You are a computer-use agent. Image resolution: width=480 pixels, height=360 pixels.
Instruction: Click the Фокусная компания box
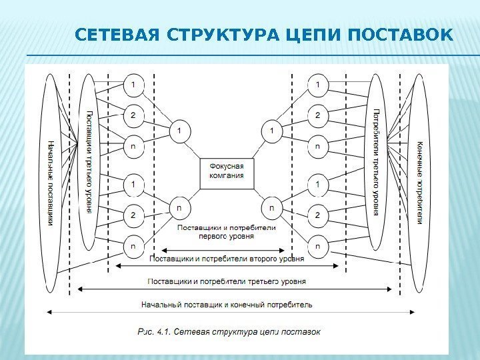coord(227,171)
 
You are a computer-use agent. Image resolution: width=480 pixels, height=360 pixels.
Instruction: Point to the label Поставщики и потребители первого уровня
coord(226,231)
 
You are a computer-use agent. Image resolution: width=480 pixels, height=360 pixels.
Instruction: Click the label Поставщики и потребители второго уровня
coord(227,259)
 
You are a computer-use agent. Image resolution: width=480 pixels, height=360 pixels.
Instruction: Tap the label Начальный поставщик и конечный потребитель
coord(227,305)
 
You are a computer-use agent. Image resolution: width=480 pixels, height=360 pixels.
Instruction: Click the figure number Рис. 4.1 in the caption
coord(153,331)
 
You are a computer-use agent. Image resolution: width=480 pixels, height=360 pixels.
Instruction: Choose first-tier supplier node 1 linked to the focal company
coord(179,131)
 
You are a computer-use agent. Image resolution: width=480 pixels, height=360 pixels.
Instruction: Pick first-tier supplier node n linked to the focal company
coord(179,207)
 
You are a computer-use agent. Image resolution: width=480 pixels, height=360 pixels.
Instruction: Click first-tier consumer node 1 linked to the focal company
coord(271,131)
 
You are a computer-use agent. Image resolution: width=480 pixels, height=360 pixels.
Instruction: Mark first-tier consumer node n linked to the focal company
coord(271,207)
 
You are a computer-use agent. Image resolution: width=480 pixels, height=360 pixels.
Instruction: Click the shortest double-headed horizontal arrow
coord(227,251)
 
